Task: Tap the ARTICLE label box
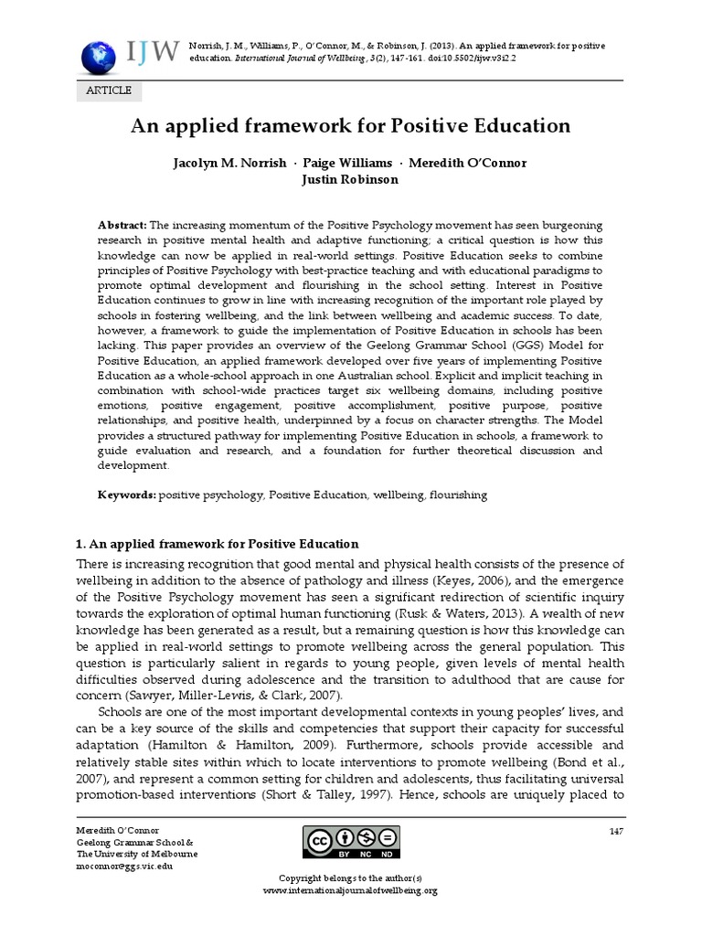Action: pos(109,90)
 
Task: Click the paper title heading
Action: pos(350,125)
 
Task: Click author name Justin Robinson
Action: pos(350,179)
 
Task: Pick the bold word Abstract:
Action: pos(122,225)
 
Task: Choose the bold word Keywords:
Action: pos(127,495)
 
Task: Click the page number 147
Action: pos(614,830)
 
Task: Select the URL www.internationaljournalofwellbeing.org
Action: pos(350,890)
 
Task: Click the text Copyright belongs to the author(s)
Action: pos(350,878)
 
